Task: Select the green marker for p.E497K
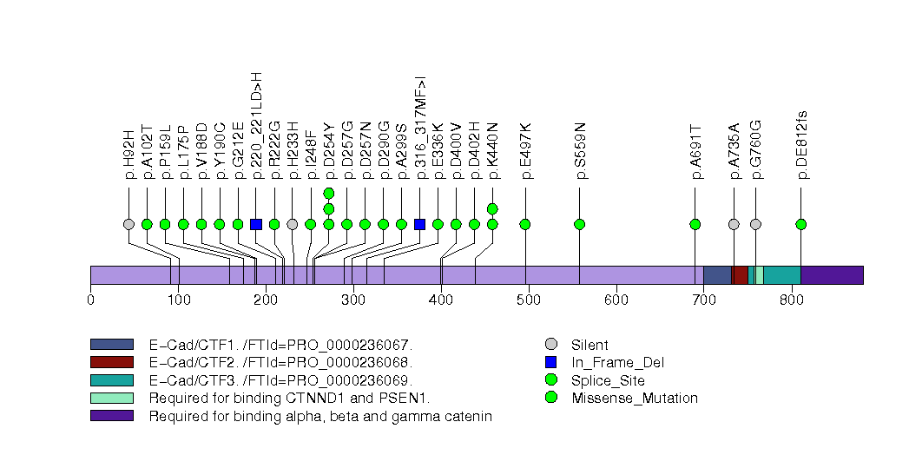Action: [x=525, y=224]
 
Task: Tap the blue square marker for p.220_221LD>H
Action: [x=256, y=224]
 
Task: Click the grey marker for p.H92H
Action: [x=128, y=224]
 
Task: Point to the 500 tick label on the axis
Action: [x=441, y=300]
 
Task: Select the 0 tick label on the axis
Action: [x=90, y=300]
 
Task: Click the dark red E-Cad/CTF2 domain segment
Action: [x=740, y=274]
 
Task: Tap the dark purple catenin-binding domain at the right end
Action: [x=831, y=274]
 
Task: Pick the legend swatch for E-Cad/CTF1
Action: [x=111, y=345]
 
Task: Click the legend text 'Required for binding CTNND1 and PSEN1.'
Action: [x=289, y=399]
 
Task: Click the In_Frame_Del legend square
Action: [x=550, y=362]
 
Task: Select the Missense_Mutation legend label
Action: [x=635, y=399]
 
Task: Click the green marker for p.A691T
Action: [x=695, y=224]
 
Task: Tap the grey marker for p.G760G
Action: [x=755, y=224]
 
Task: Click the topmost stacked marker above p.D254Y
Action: [x=329, y=193]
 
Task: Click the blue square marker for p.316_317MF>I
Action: [x=419, y=224]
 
